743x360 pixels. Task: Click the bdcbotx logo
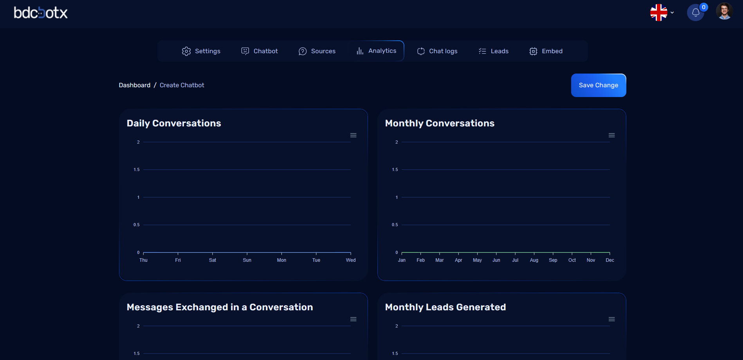click(41, 13)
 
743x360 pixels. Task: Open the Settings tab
click(201, 51)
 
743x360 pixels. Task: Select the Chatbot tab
click(260, 51)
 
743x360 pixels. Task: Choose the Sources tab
click(317, 51)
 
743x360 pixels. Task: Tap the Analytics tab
click(376, 51)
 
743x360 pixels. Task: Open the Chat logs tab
click(437, 51)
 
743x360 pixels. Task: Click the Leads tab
click(494, 51)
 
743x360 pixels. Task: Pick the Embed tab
click(546, 51)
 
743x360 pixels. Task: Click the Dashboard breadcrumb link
click(135, 85)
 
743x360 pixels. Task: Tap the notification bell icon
click(696, 13)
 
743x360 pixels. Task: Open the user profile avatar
click(724, 11)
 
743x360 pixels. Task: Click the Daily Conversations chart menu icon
click(353, 135)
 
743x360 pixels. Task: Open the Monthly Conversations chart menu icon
click(611, 135)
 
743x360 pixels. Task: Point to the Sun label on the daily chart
click(247, 260)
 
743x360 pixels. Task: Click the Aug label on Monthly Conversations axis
click(534, 260)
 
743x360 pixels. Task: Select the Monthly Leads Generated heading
click(445, 307)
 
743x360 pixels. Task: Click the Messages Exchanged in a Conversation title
click(220, 307)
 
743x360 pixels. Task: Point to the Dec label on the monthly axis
click(610, 260)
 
